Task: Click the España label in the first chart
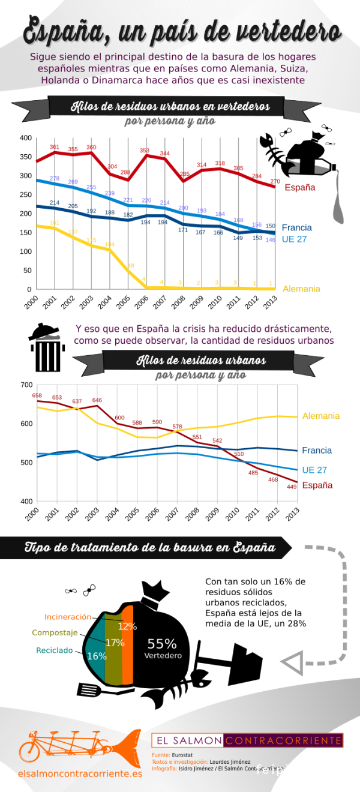(299, 187)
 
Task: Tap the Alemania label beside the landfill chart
(301, 289)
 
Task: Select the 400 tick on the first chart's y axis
(25, 138)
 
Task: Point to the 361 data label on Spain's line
(55, 147)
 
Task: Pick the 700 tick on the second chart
(26, 385)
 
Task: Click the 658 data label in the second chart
(37, 395)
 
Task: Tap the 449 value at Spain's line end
(292, 487)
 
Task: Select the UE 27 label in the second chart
(314, 470)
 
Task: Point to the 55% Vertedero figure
(163, 647)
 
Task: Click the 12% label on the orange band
(127, 626)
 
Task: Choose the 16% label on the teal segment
(97, 656)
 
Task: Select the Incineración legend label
(68, 617)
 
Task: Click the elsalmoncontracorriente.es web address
(80, 774)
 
